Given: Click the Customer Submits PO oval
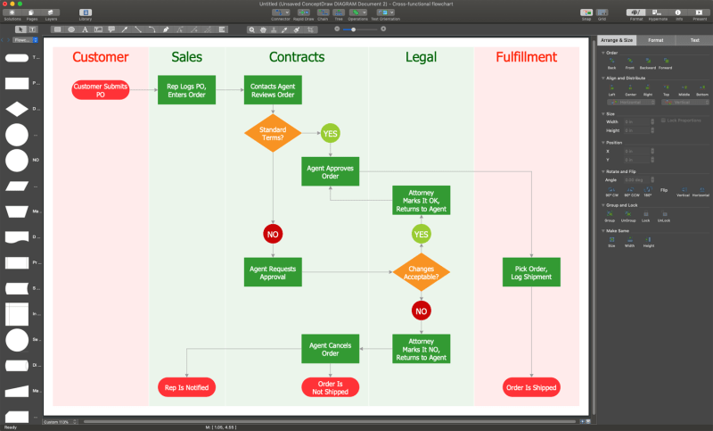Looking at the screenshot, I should (x=101, y=90).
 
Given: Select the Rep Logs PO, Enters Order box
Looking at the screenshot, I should (x=187, y=90).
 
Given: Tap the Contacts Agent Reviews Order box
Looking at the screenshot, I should (x=273, y=90).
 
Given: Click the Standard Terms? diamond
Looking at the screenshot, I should (x=273, y=134).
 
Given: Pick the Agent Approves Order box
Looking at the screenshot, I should (x=330, y=171).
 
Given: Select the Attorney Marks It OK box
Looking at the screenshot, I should (x=422, y=201).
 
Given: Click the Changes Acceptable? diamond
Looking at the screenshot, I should (x=422, y=272).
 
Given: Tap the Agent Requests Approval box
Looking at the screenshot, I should (x=273, y=272).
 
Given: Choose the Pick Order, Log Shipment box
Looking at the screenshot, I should (x=531, y=272).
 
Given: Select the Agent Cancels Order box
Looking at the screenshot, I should (x=330, y=347).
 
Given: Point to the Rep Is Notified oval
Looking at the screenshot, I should (x=187, y=387).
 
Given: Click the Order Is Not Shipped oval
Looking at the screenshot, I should (x=330, y=387).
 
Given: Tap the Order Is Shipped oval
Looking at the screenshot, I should (x=531, y=387).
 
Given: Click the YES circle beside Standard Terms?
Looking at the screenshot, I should (x=331, y=134).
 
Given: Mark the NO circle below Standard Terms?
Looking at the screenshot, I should (x=273, y=234).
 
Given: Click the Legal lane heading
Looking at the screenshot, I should (x=421, y=58).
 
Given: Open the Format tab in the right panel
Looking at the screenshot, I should (x=655, y=40).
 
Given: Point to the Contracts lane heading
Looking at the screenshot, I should (x=296, y=58).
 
